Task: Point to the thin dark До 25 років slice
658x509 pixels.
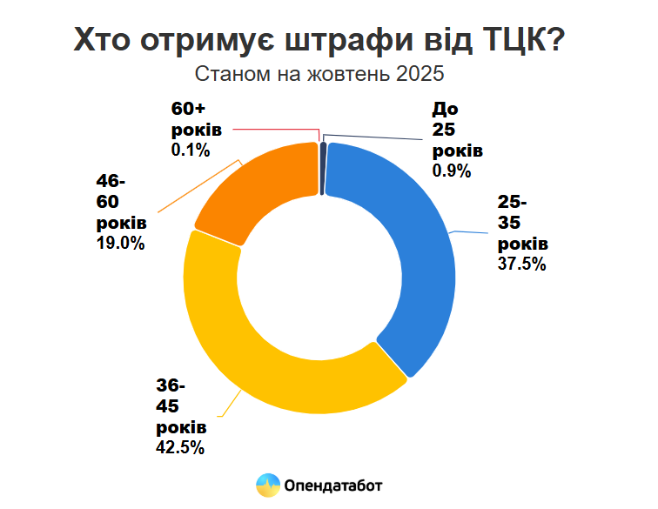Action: click(324, 157)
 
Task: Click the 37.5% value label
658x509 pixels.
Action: click(521, 264)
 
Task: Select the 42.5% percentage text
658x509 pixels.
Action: click(180, 448)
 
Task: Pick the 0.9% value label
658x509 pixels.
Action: click(451, 171)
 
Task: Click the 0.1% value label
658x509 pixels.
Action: click(191, 150)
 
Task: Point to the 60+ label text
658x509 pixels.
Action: click(188, 110)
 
